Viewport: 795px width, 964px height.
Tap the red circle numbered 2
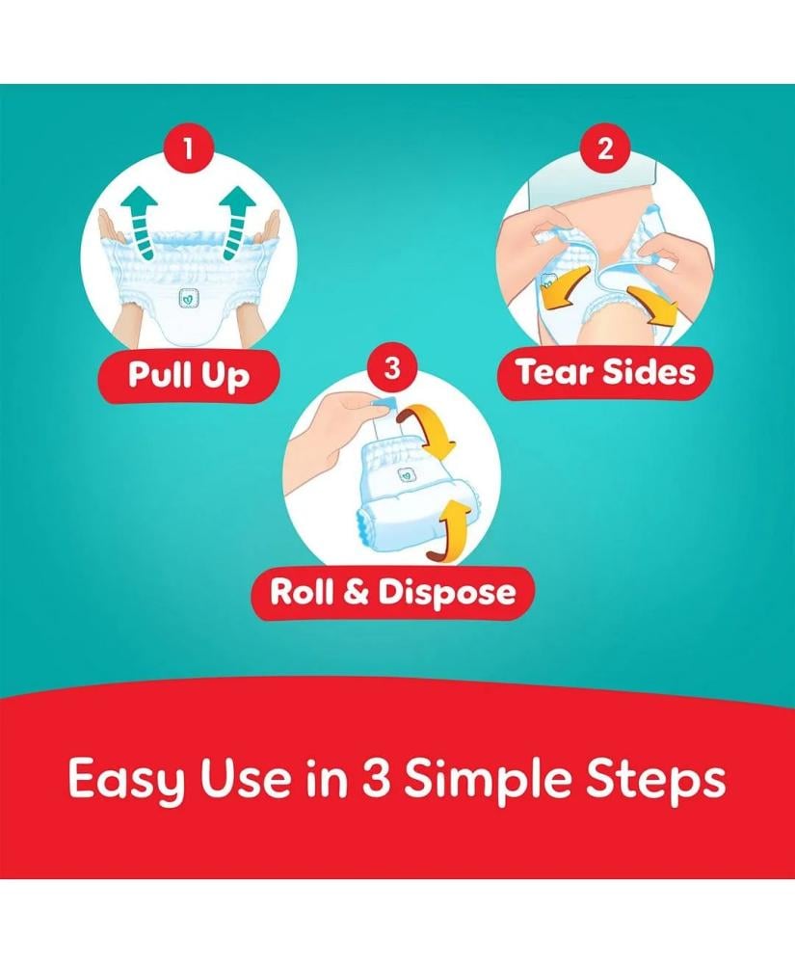pyautogui.click(x=605, y=148)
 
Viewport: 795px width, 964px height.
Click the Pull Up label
pyautogui.click(x=189, y=374)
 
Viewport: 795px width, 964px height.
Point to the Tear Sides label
pyautogui.click(x=606, y=372)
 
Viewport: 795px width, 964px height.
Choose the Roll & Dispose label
pyautogui.click(x=392, y=593)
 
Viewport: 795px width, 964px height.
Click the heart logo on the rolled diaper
pyautogui.click(x=406, y=474)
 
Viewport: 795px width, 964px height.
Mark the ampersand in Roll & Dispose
pyautogui.click(x=356, y=593)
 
